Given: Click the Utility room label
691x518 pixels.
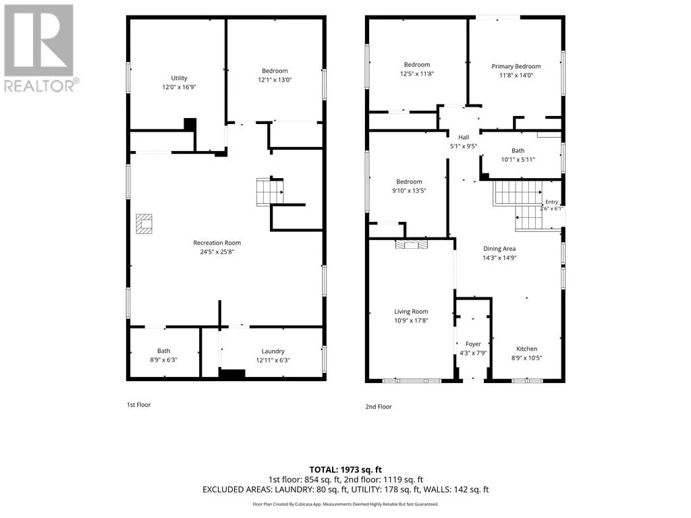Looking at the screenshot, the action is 179,78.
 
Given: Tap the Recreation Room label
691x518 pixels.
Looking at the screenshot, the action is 217,243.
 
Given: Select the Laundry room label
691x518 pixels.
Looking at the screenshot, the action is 273,351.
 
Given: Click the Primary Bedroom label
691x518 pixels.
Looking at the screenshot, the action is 516,67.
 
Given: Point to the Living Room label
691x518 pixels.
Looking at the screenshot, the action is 411,312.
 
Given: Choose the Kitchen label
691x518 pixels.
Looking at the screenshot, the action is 526,349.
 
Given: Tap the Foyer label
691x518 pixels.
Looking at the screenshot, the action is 473,344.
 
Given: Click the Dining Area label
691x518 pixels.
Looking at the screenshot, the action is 499,249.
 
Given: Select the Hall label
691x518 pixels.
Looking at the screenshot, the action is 463,138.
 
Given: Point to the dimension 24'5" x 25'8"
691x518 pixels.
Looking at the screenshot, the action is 217,252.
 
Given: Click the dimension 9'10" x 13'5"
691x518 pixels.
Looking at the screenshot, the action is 409,191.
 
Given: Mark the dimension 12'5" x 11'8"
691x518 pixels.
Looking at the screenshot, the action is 417,74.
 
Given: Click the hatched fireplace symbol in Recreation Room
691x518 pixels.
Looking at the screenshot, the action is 144,224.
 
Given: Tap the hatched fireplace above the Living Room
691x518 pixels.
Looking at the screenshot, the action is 411,244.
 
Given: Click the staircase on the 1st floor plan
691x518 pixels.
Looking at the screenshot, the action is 270,192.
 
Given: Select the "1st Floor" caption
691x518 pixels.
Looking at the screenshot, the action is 139,405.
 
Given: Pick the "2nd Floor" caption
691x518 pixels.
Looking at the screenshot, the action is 379,407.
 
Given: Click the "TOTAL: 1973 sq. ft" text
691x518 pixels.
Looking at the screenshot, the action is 345,469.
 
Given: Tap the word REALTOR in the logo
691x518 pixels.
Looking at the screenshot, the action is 38,86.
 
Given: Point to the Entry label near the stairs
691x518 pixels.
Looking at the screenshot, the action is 552,202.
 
